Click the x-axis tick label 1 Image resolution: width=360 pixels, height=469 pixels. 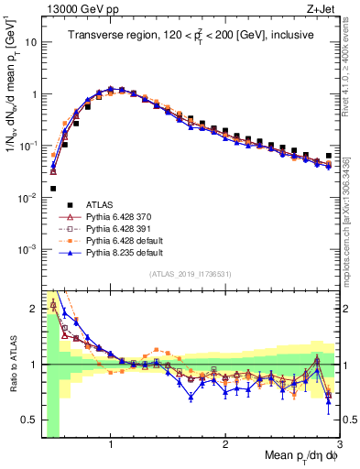111,442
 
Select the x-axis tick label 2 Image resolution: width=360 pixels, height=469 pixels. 225,442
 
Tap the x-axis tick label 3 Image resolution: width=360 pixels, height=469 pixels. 338,442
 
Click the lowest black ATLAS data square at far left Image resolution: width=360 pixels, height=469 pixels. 53,189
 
